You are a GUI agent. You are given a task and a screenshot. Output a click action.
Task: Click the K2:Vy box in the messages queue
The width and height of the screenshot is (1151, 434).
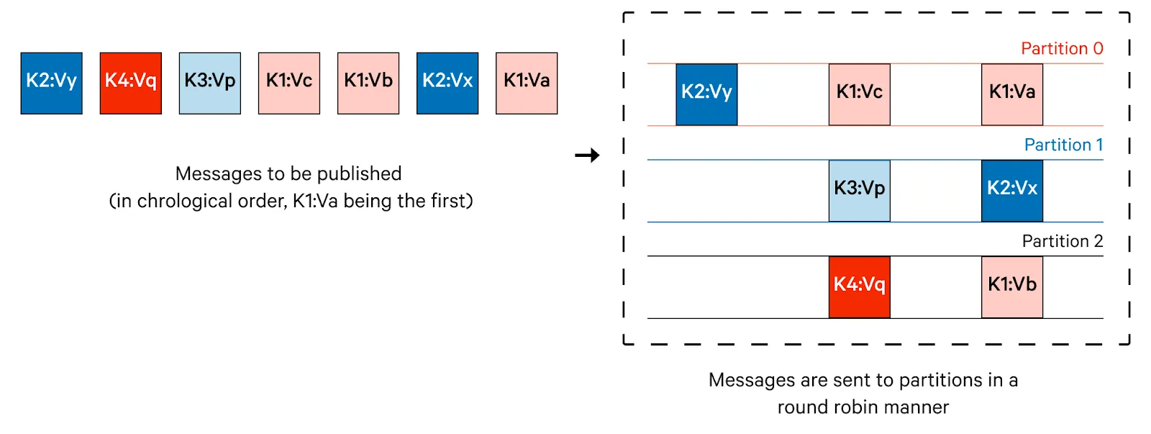(x=51, y=83)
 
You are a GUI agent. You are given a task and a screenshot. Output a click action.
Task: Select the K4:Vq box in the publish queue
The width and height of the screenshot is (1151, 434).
(x=131, y=83)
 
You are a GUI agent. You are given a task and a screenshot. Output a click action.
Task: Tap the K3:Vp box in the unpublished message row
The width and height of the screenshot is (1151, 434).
(x=210, y=83)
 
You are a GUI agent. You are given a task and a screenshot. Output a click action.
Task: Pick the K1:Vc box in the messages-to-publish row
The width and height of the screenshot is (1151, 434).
(x=289, y=83)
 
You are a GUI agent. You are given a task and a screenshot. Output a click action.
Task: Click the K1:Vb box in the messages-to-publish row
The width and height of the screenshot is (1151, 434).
(x=368, y=83)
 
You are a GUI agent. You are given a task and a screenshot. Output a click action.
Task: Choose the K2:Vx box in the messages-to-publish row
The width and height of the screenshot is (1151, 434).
(x=447, y=83)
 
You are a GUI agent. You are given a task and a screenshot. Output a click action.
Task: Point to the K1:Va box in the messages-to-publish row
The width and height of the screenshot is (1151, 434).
(x=527, y=83)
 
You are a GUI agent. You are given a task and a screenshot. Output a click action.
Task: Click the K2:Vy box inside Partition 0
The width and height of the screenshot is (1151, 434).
(x=706, y=94)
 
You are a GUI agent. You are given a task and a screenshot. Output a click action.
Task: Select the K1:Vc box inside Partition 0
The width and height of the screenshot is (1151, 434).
(x=860, y=94)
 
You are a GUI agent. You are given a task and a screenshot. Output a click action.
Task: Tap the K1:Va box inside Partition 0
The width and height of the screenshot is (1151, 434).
(x=1012, y=94)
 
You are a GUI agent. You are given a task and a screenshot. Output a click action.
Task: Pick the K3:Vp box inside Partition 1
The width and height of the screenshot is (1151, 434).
(x=860, y=191)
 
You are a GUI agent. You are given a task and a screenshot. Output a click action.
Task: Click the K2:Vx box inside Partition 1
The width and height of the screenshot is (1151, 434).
(x=1012, y=191)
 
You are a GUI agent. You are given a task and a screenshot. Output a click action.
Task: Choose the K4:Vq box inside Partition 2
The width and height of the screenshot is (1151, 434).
(x=860, y=287)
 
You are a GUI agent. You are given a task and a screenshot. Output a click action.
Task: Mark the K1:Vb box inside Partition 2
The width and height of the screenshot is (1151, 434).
(x=1012, y=287)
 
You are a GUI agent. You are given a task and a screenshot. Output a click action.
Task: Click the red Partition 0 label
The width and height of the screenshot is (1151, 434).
(x=1062, y=48)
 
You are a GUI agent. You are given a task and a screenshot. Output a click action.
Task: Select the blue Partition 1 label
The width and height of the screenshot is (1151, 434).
(x=1064, y=145)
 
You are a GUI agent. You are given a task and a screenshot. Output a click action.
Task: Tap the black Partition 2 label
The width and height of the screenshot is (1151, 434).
(x=1063, y=240)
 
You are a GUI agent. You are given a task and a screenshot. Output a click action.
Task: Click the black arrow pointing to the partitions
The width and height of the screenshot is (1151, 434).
(x=587, y=155)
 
